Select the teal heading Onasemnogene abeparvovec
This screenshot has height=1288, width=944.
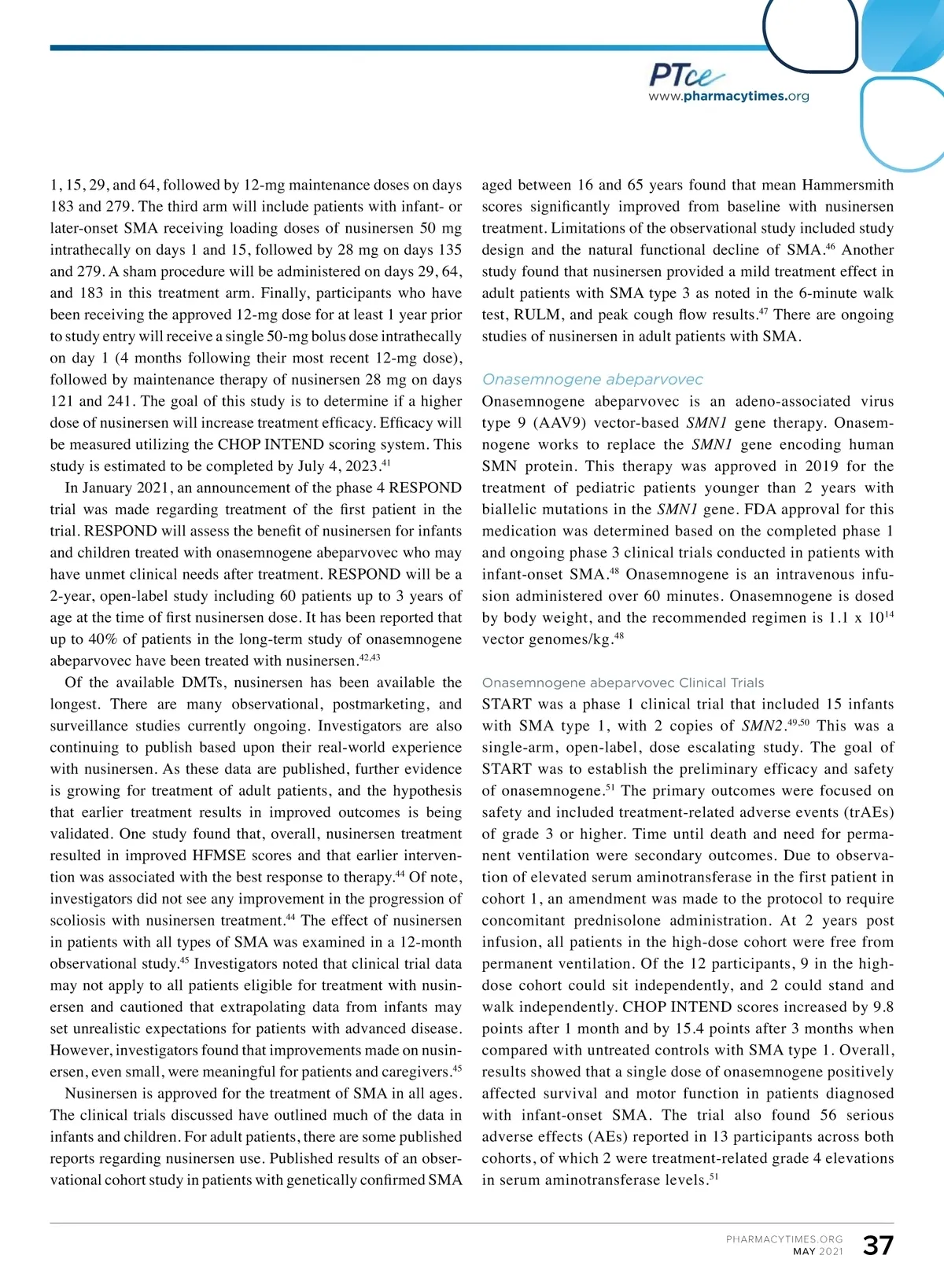coord(592,380)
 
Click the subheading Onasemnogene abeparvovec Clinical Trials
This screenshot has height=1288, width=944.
coord(623,683)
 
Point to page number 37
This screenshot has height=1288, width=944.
coord(878,1246)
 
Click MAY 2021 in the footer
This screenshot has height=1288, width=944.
coord(817,1252)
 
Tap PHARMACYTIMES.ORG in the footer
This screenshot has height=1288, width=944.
coord(784,1239)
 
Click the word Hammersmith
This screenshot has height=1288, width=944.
coord(847,186)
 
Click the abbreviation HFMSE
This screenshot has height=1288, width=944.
coord(222,856)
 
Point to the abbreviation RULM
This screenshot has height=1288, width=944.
coord(537,315)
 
